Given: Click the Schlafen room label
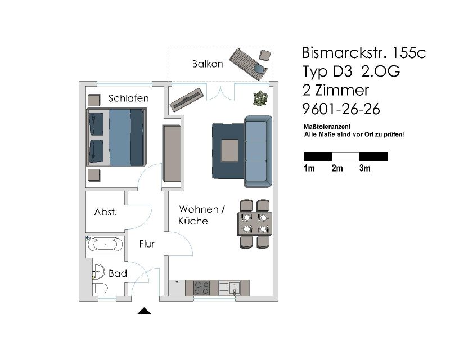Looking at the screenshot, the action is (x=128, y=98).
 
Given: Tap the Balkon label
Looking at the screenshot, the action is (x=208, y=64).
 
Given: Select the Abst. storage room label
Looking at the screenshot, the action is (x=105, y=212).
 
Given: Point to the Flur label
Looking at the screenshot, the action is (x=147, y=244).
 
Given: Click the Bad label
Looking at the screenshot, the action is (x=118, y=273).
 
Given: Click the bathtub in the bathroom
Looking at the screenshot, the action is (x=105, y=245).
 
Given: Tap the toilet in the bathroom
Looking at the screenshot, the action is (x=100, y=288).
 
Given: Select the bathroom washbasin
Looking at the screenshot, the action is (x=98, y=271).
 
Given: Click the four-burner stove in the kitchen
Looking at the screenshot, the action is (x=201, y=288).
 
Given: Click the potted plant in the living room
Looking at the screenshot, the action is (x=260, y=98).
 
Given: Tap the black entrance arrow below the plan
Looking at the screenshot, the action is (x=144, y=311).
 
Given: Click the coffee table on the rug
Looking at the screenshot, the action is (x=230, y=150).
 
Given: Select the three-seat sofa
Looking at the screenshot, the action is (x=258, y=151).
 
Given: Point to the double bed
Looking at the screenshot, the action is (x=116, y=137).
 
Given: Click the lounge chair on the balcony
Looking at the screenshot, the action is (x=249, y=65).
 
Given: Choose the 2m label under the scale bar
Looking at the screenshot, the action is (x=337, y=168).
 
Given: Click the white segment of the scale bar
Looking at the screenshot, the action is (x=345, y=157).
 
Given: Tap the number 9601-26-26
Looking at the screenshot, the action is (x=341, y=109).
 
